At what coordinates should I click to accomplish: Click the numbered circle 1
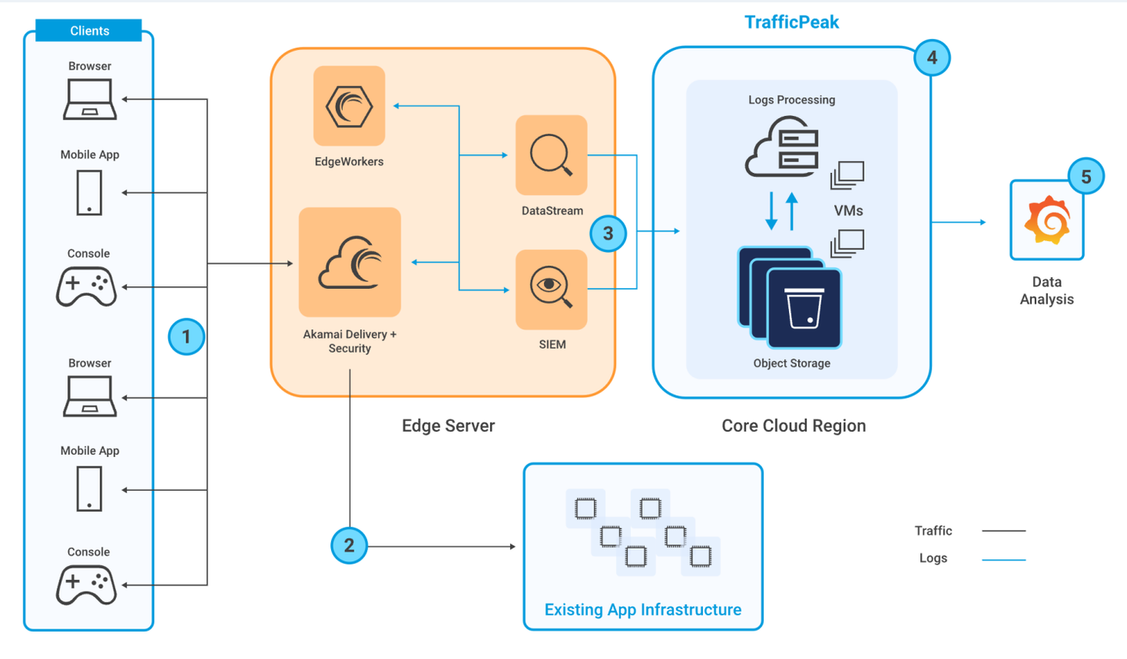point(186,337)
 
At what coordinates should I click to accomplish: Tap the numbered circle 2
point(349,546)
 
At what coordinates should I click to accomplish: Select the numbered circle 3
point(608,233)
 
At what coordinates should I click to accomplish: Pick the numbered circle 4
point(932,58)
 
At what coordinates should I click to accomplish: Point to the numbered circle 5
point(1086,177)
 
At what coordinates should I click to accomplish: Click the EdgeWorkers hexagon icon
point(349,106)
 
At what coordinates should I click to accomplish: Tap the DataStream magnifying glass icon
point(552,155)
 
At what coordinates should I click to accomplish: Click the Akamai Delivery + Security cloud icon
point(350,262)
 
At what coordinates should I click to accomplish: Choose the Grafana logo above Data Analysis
point(1047,220)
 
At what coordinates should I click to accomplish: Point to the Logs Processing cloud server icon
point(782,146)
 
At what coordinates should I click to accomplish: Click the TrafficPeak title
point(791,22)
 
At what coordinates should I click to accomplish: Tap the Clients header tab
point(88,31)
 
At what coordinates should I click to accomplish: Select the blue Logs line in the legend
point(1003,560)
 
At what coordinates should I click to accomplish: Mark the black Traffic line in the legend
point(1003,531)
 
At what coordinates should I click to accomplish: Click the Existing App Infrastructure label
point(643,610)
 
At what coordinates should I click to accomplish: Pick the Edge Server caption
point(448,426)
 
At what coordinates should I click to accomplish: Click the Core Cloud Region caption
point(794,426)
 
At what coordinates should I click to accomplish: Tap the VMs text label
point(848,211)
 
